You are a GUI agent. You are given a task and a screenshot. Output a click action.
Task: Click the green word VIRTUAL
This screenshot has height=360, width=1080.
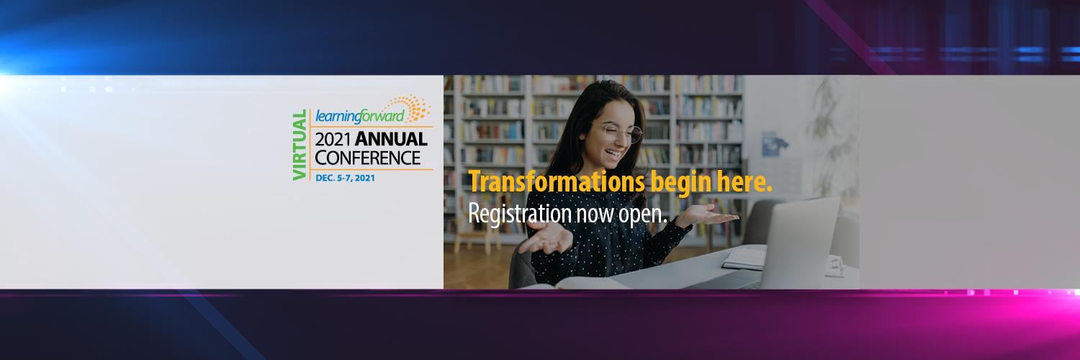[x=300, y=145]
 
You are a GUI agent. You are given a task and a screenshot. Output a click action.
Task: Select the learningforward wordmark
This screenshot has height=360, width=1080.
[x=360, y=117]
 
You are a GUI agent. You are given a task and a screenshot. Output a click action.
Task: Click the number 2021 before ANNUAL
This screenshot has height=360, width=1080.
[x=333, y=140]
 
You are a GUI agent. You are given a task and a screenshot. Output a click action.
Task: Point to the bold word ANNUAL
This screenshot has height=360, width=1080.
[x=391, y=140]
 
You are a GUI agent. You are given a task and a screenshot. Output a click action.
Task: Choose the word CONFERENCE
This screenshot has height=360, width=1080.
[x=368, y=158]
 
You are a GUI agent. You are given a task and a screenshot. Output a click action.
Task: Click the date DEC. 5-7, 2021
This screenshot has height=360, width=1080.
[x=345, y=178]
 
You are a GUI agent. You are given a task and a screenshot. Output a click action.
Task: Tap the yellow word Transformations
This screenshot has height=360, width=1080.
[x=557, y=182]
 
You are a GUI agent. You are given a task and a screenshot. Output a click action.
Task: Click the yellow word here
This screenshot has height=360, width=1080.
[x=744, y=182]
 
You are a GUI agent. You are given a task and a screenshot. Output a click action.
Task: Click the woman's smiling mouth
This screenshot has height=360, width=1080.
[x=613, y=154]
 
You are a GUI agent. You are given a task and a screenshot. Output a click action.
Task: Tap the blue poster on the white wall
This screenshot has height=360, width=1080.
[x=774, y=144]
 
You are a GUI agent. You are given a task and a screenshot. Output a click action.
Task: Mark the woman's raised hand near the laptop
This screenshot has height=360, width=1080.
[x=707, y=215]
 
